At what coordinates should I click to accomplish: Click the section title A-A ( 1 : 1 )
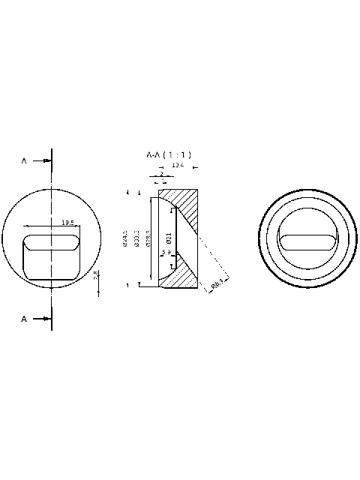[169, 154]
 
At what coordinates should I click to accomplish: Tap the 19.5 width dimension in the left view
[67, 223]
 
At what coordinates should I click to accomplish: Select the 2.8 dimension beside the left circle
[96, 276]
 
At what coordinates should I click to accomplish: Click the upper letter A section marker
[24, 160]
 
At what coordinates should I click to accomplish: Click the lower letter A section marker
[24, 319]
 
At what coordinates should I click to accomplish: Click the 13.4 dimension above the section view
[177, 164]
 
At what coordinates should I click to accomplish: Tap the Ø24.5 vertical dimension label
[126, 238]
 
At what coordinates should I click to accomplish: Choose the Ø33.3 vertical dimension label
[137, 238]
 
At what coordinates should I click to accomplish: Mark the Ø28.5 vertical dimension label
[148, 238]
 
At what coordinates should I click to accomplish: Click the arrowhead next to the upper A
[46, 160]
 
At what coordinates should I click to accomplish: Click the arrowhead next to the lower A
[46, 319]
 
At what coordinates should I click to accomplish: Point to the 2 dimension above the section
[161, 174]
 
